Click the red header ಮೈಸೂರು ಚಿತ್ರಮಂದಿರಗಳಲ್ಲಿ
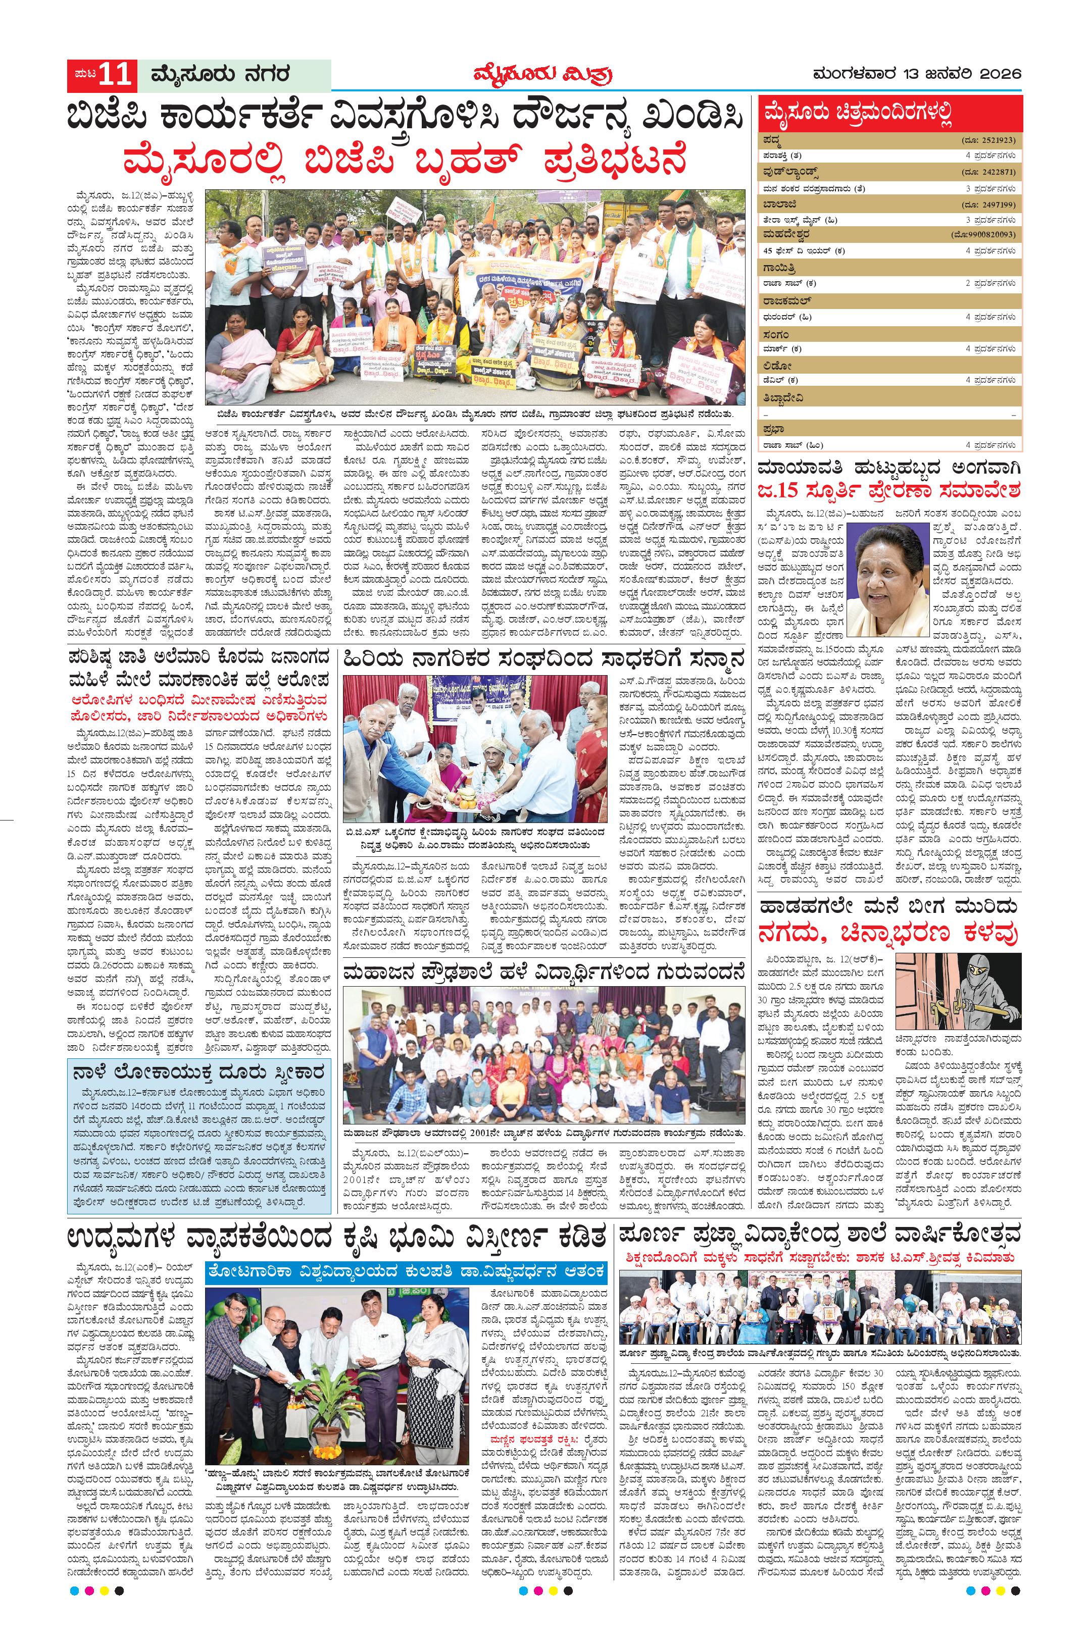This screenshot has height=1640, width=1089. pos(856,113)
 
